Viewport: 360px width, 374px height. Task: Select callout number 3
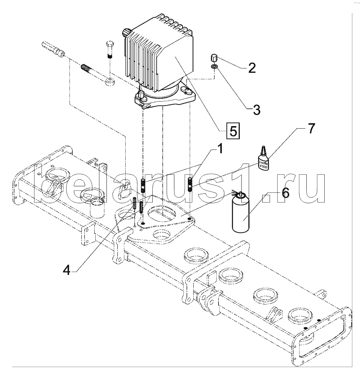tap(256, 110)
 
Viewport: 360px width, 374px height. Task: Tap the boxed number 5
tap(233, 131)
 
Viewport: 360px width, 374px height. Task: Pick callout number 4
tap(67, 270)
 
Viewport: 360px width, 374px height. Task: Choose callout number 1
tap(220, 148)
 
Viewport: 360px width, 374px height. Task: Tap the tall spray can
tap(240, 212)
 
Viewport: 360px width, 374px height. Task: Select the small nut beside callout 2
tap(213, 58)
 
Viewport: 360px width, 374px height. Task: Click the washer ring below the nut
tap(214, 66)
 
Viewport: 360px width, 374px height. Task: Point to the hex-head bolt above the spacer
tap(109, 50)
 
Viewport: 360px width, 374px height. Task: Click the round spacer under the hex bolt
tap(109, 81)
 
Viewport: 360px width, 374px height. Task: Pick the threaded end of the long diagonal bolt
tap(86, 67)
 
